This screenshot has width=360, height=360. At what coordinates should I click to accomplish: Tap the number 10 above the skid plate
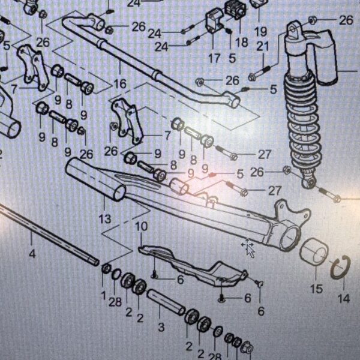pyautogui.click(x=141, y=226)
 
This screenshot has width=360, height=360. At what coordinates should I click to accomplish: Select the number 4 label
pyautogui.click(x=32, y=254)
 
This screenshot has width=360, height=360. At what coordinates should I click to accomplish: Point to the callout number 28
pyautogui.click(x=115, y=302)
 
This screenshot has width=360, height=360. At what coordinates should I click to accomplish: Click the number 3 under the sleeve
pyautogui.click(x=161, y=327)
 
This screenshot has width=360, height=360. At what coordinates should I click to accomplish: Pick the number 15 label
pyautogui.click(x=316, y=289)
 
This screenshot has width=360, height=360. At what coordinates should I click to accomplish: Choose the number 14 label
pyautogui.click(x=343, y=298)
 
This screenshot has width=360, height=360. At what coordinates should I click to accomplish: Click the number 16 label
pyautogui.click(x=120, y=84)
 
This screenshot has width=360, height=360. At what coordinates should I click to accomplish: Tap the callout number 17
pyautogui.click(x=214, y=59)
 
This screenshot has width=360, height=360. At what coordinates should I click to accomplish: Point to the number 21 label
pyautogui.click(x=262, y=47)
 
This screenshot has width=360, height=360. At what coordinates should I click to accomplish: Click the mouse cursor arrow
pyautogui.click(x=248, y=248)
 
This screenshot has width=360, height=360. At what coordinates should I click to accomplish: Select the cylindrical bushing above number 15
pyautogui.click(x=312, y=250)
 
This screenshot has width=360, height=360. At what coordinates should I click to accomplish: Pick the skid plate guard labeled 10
pyautogui.click(x=192, y=264)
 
